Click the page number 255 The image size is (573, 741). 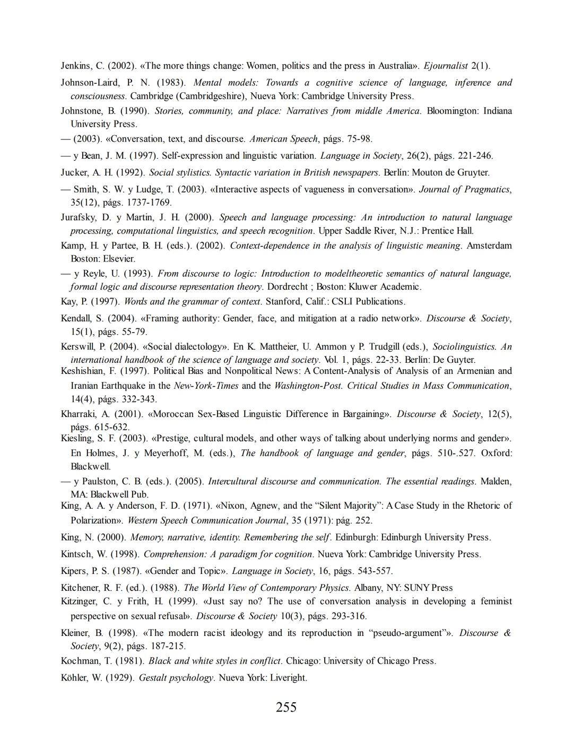pos(286,707)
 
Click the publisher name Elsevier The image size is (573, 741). pos(119,259)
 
